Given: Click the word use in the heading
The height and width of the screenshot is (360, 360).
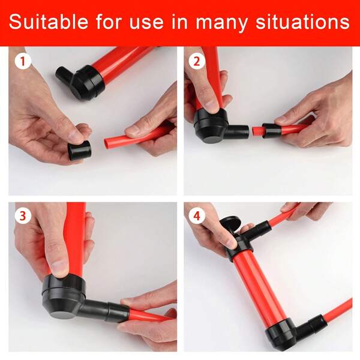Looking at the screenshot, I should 146,22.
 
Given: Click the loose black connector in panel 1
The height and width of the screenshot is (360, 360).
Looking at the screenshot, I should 79,150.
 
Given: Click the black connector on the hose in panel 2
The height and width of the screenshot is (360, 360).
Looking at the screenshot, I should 271,130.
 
